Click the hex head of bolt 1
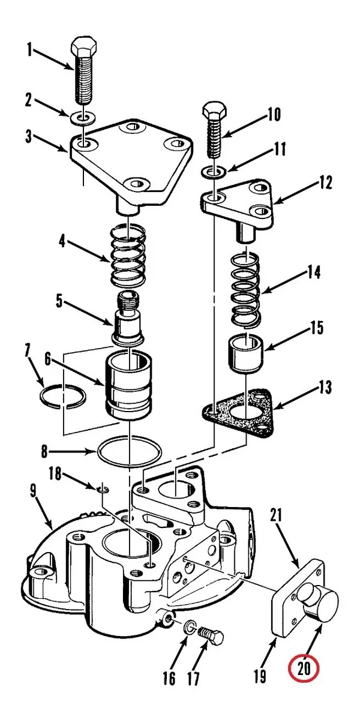pyautogui.click(x=84, y=47)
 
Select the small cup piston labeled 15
pyautogui.click(x=246, y=352)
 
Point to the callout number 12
pyautogui.click(x=325, y=182)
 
